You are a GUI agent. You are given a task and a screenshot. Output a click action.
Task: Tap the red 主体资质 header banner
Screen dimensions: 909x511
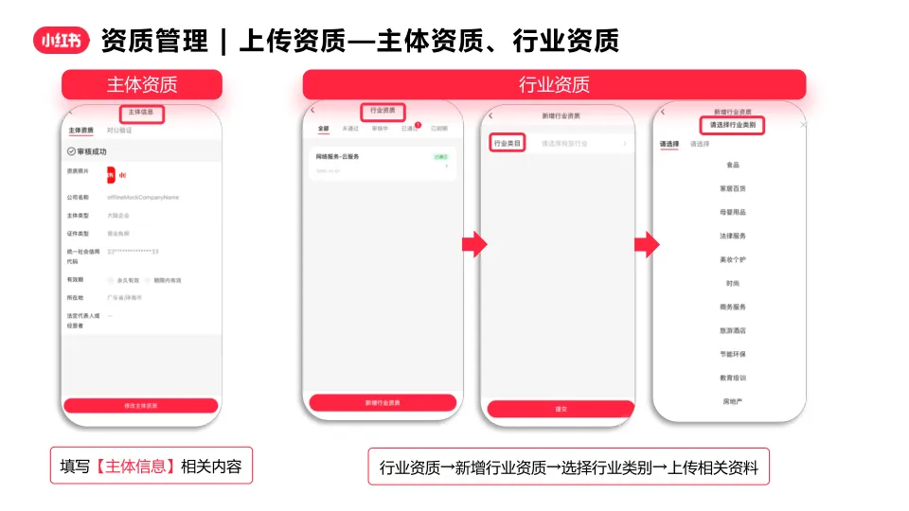(x=142, y=84)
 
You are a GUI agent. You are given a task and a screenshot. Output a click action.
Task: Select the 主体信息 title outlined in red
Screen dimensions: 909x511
(x=140, y=114)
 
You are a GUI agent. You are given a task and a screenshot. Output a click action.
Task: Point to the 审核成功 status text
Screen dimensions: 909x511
(x=92, y=151)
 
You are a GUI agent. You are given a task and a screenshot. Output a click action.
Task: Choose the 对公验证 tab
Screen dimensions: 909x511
(x=120, y=131)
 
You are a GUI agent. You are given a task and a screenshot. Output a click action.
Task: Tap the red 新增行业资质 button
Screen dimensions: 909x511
(x=383, y=402)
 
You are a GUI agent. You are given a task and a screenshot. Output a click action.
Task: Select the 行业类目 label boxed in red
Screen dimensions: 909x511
(x=508, y=144)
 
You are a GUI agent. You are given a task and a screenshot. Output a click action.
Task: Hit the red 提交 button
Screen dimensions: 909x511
(x=560, y=409)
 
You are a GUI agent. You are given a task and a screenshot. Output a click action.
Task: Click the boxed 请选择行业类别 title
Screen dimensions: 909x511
(x=733, y=125)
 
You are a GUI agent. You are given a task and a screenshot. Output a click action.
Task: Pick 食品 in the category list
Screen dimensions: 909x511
(x=733, y=165)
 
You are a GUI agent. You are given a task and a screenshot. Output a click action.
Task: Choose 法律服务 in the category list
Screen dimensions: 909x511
(x=733, y=236)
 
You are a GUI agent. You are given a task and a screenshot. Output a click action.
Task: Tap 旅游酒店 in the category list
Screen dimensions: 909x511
(x=733, y=331)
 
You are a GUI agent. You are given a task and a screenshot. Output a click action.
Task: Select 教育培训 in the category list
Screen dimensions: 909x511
(x=733, y=379)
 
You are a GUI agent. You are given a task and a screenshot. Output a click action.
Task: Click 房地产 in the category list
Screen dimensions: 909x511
(x=733, y=401)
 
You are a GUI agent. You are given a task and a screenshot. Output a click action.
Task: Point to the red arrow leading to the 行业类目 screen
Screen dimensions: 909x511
(x=473, y=245)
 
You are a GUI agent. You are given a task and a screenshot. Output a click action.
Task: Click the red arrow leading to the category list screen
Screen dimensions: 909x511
(x=646, y=245)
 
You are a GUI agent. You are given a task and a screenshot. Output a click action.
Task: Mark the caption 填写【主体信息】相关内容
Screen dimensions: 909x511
(x=151, y=466)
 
